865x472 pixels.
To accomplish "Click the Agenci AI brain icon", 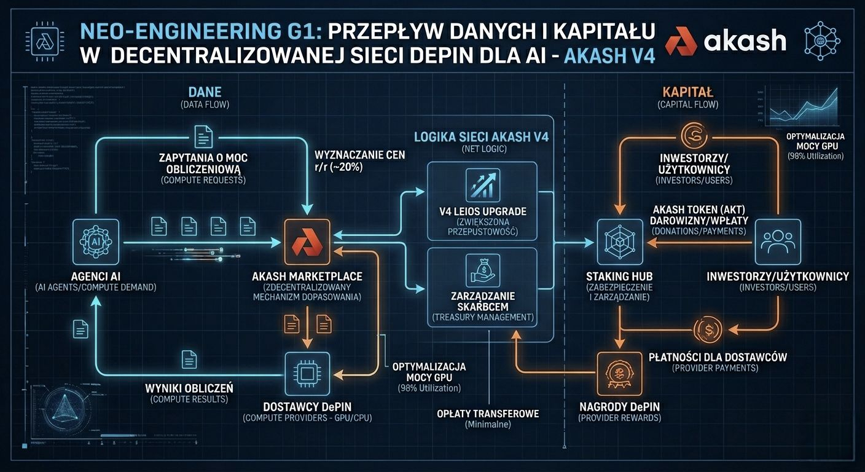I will pos(95,243).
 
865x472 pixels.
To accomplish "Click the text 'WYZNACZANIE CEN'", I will pos(359,155).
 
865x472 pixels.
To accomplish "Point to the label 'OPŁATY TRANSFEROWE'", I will pos(488,414).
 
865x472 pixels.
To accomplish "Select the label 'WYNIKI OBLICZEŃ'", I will pos(189,388).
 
